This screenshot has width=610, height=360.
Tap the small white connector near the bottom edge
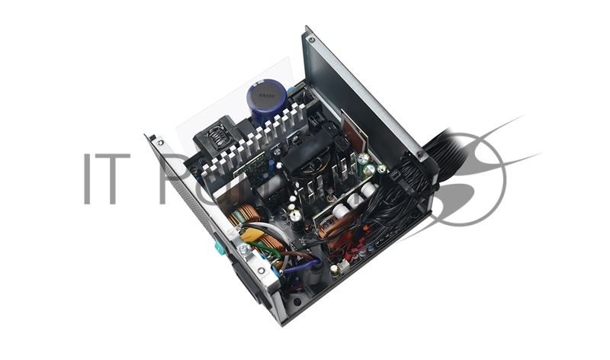(344, 265)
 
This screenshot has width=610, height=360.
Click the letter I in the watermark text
(88, 179)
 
